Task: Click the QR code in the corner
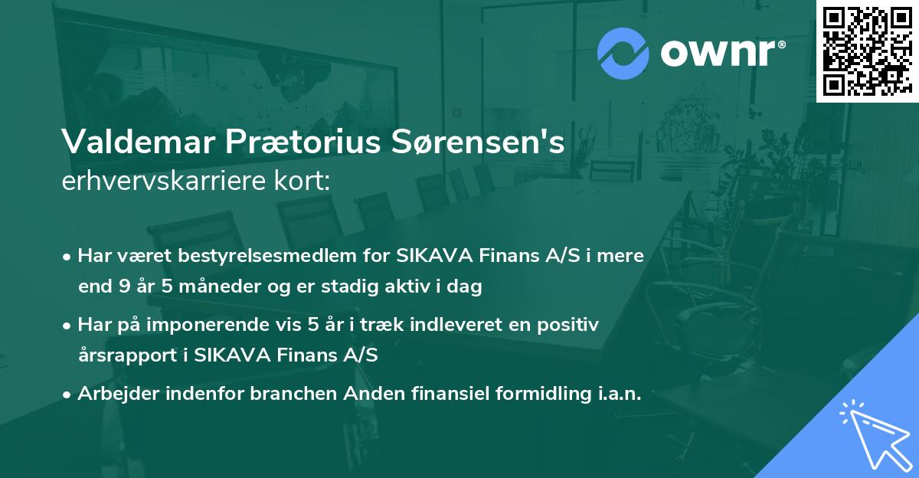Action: click(x=867, y=51)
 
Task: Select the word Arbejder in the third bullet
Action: click(x=115, y=394)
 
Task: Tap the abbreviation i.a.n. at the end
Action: click(x=618, y=394)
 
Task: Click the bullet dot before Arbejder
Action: click(x=68, y=395)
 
